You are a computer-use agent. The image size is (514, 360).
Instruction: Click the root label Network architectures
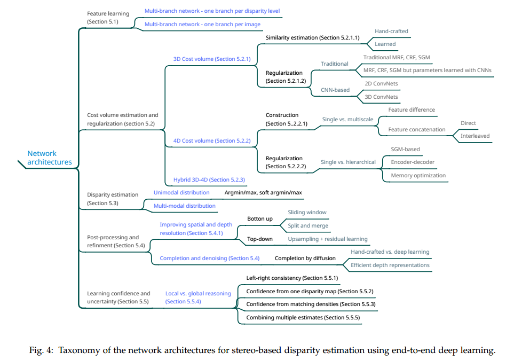click(50, 158)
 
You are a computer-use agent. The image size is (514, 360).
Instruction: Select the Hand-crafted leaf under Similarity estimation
click(391, 31)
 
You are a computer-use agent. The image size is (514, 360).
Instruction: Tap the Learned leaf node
click(385, 44)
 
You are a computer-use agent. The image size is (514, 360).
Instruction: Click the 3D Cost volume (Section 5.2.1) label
click(212, 59)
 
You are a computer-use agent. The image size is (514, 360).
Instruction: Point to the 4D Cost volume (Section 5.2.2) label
click(212, 141)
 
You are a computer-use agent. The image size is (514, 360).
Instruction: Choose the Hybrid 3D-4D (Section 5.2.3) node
click(209, 180)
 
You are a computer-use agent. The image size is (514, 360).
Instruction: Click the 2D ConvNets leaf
click(381, 84)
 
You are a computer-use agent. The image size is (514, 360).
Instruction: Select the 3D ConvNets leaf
click(381, 97)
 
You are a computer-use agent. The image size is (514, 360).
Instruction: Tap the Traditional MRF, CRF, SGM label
click(397, 58)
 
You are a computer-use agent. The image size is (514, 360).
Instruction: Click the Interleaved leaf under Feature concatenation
click(475, 136)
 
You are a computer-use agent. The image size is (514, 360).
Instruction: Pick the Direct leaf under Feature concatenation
click(468, 123)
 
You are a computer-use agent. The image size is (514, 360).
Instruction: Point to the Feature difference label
click(412, 109)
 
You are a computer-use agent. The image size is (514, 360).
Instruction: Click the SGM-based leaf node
click(405, 150)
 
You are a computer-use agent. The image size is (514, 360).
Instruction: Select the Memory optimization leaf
click(418, 176)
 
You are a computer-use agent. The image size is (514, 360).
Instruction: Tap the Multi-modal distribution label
click(185, 206)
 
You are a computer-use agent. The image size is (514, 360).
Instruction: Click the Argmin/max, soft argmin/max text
click(263, 193)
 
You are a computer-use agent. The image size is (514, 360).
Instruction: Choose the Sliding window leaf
click(307, 213)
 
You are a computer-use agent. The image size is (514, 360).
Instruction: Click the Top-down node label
click(260, 239)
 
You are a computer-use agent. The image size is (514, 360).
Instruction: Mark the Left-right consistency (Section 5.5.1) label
click(292, 278)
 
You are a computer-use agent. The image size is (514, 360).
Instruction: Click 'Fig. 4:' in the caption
click(41, 350)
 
